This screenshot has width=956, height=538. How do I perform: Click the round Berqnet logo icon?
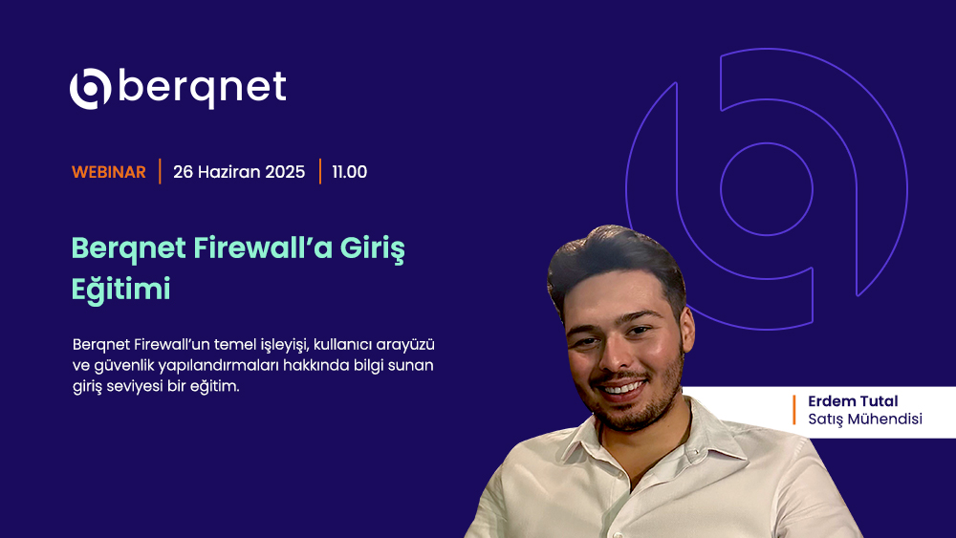(x=90, y=89)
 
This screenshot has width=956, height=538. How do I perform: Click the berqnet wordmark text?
(x=202, y=88)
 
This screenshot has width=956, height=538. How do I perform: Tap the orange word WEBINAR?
(x=109, y=172)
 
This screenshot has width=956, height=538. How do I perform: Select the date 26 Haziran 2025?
(x=239, y=172)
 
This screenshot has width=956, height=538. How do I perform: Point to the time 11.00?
(x=349, y=172)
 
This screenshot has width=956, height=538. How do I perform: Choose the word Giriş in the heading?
(x=372, y=249)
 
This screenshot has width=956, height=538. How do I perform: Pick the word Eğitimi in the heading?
(x=120, y=289)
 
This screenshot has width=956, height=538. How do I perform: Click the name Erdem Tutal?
(x=853, y=401)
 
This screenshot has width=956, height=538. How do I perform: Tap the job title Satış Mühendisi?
(x=865, y=420)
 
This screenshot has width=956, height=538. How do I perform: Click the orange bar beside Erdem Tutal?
(x=793, y=410)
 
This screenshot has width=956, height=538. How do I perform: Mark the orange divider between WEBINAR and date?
(x=160, y=171)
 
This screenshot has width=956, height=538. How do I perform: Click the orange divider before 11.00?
(x=320, y=171)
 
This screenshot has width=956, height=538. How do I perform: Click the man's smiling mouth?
(x=622, y=388)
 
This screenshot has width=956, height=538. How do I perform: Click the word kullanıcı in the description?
(x=342, y=344)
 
